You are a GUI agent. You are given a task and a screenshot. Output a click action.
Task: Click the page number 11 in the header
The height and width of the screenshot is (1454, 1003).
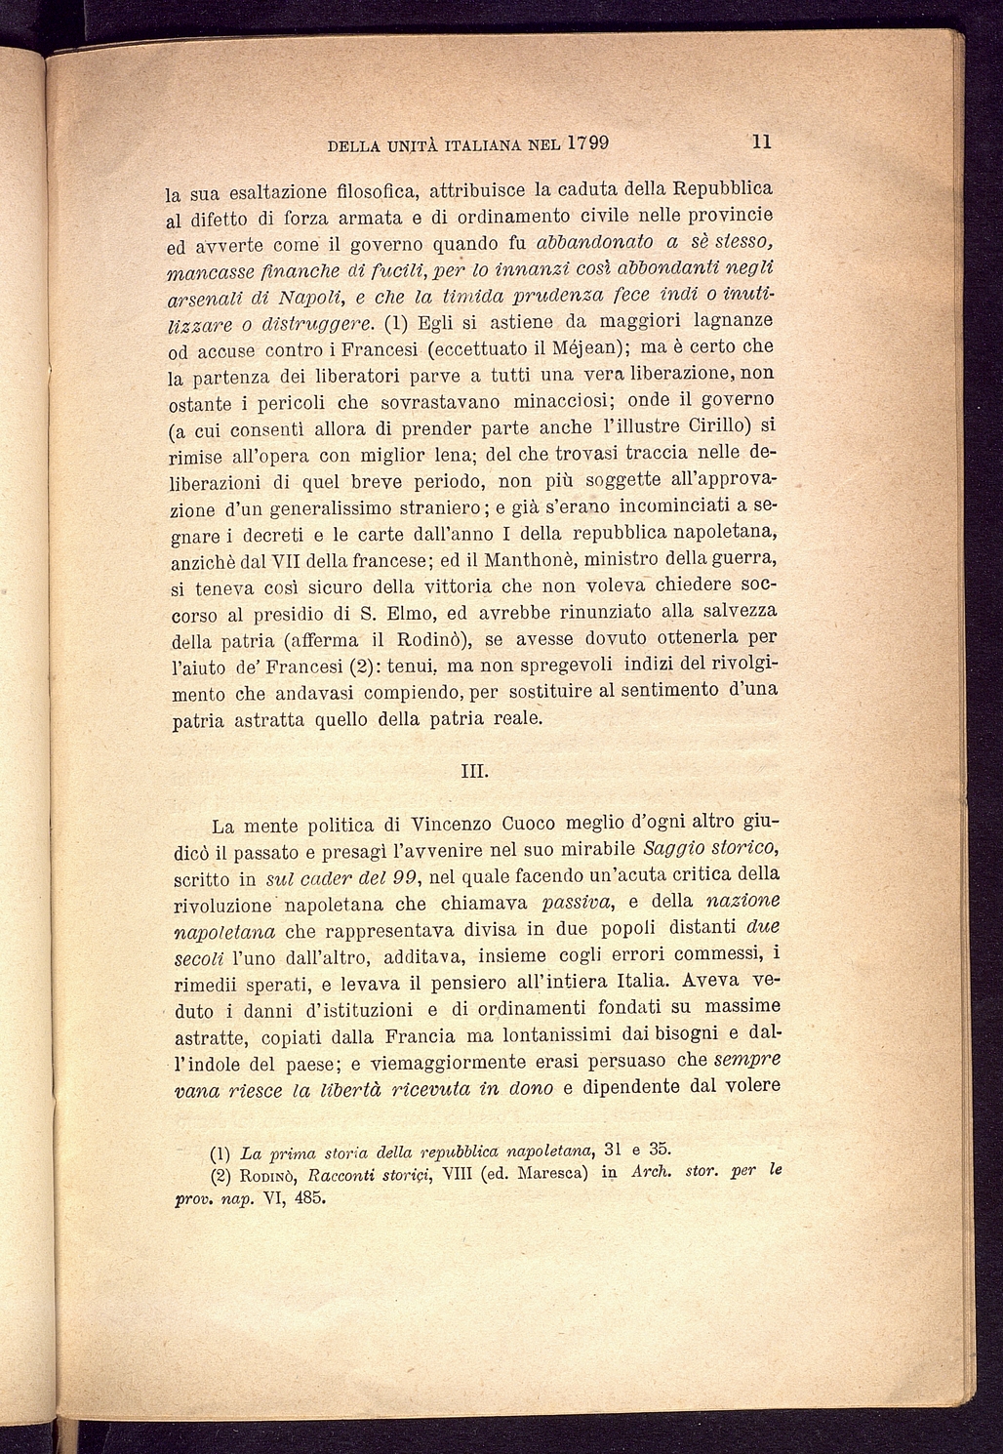pos(762,141)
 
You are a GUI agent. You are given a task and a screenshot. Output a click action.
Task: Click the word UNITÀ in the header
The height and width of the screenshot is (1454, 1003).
pos(403,146)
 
